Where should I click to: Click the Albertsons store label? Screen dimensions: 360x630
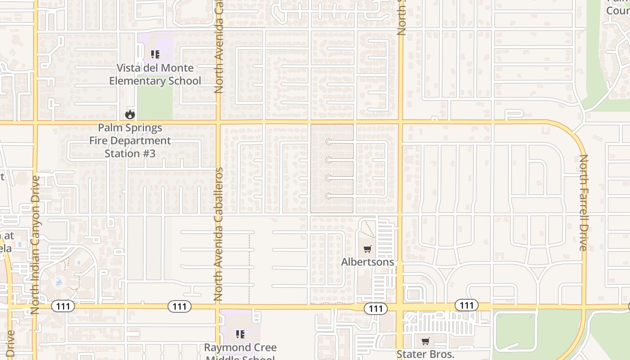tap(367, 262)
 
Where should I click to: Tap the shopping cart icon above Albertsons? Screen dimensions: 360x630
tap(368, 249)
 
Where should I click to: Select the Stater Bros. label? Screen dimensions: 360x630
tap(425, 354)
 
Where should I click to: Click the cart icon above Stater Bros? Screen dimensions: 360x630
tap(425, 341)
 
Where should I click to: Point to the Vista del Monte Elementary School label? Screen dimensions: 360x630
tap(155, 74)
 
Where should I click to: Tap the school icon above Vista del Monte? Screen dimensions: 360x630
tap(155, 55)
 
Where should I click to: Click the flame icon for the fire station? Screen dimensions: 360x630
tap(130, 114)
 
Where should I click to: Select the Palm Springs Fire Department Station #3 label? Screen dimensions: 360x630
tap(130, 140)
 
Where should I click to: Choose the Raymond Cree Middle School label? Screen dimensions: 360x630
tap(240, 350)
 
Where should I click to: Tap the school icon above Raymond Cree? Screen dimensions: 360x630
tap(240, 334)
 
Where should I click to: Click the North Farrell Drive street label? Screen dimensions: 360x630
tap(583, 202)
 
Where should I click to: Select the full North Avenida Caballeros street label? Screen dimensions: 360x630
tap(218, 234)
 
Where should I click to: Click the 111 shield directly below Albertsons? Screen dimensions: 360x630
tap(375, 308)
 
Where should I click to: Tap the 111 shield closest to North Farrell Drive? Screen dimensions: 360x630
tap(467, 306)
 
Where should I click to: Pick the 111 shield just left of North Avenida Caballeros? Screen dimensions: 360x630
tap(180, 306)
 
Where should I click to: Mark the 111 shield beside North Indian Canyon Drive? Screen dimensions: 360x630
tap(63, 306)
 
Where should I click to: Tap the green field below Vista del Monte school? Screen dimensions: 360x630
tap(155, 101)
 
